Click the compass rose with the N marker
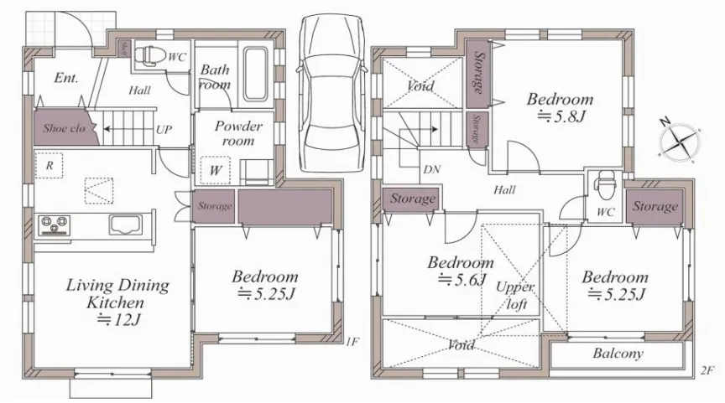click(x=679, y=142)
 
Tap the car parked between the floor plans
click(x=331, y=93)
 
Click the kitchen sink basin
click(x=125, y=225)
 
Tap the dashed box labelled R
click(x=49, y=165)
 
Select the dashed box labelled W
click(x=216, y=170)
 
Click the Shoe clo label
click(x=65, y=128)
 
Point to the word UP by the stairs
click(x=164, y=130)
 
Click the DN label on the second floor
click(x=431, y=169)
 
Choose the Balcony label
click(x=618, y=354)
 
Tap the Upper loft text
click(x=514, y=296)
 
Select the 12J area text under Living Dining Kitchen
click(x=118, y=319)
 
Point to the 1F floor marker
click(x=352, y=342)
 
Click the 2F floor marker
click(x=707, y=370)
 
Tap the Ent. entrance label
click(x=66, y=78)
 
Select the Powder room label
click(x=238, y=133)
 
